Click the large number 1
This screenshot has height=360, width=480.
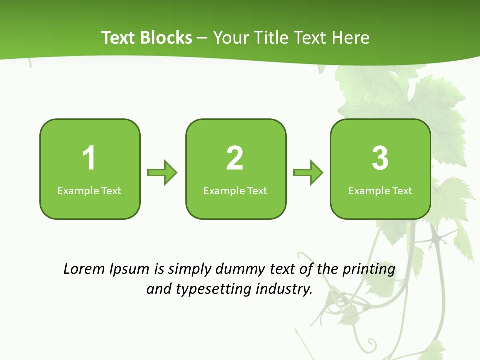point(89,158)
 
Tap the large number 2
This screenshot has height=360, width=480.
point(235,158)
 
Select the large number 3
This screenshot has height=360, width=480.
point(380,158)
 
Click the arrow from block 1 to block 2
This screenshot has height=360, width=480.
point(163,173)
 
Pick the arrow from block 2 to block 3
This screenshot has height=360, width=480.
point(308,173)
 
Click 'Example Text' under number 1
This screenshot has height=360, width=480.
point(89,190)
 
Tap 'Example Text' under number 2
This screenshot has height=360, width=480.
point(235,190)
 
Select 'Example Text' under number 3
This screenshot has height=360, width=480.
point(380,190)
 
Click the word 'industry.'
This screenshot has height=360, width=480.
point(284,289)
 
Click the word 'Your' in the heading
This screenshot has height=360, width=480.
point(229,38)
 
